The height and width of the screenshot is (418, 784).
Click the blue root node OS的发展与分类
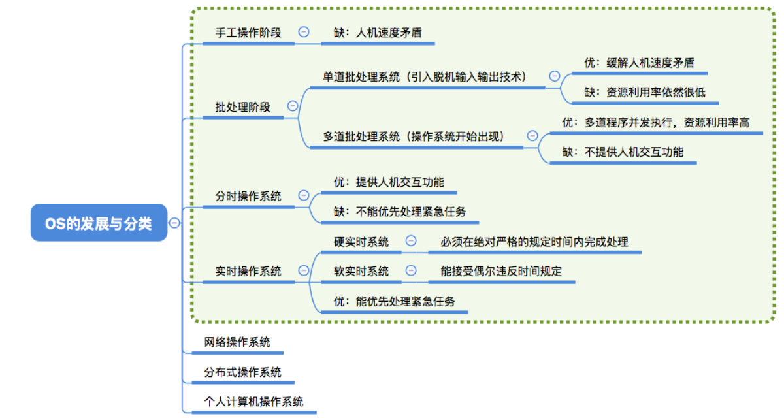click(99, 223)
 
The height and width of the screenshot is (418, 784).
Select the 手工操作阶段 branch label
click(248, 32)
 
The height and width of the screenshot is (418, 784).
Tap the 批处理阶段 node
click(242, 107)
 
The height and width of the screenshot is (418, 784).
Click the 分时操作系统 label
click(248, 195)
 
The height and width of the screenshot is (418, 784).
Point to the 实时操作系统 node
click(248, 270)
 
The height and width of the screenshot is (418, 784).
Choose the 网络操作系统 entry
click(237, 342)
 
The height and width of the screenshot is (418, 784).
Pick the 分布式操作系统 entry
click(242, 372)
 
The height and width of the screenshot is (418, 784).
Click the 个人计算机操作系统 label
click(253, 402)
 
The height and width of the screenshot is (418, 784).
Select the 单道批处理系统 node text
click(425, 76)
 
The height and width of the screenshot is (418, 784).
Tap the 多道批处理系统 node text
click(414, 136)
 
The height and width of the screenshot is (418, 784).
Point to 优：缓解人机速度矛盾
click(639, 63)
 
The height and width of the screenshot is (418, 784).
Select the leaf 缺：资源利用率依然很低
click(645, 92)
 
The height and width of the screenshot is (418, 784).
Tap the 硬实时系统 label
click(361, 242)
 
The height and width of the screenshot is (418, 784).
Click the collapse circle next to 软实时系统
click(411, 270)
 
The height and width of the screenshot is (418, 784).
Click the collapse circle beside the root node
click(174, 223)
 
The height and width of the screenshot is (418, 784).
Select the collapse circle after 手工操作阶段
click(304, 31)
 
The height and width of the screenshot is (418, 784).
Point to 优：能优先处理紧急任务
click(394, 301)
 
